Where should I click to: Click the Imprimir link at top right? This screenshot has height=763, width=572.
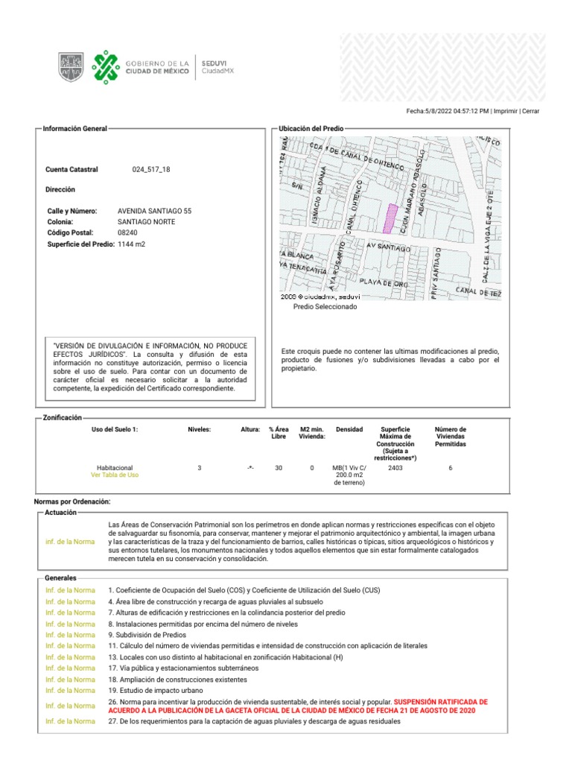pos(506,111)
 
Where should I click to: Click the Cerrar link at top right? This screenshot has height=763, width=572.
pos(531,111)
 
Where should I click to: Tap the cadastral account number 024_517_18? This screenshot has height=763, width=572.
pos(151,170)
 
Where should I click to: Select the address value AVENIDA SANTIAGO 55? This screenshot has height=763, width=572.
pos(154,212)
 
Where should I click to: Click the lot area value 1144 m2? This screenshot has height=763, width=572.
pos(132,244)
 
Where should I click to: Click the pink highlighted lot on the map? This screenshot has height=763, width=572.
pos(389,217)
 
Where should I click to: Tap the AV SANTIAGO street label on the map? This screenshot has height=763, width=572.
pos(389,245)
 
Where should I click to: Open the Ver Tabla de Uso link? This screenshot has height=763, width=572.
pos(114,475)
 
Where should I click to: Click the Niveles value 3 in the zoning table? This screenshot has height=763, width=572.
pos(199,468)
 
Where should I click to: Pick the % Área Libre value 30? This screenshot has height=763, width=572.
pos(279,468)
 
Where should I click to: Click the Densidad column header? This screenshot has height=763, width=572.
pos(349,429)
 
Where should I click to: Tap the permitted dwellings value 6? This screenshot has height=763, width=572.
pos(450,468)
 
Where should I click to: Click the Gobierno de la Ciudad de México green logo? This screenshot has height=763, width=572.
pos(105,67)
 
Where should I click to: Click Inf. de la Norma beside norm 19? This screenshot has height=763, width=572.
pos(70,691)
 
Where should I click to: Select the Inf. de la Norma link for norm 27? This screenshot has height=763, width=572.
pos(70,721)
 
